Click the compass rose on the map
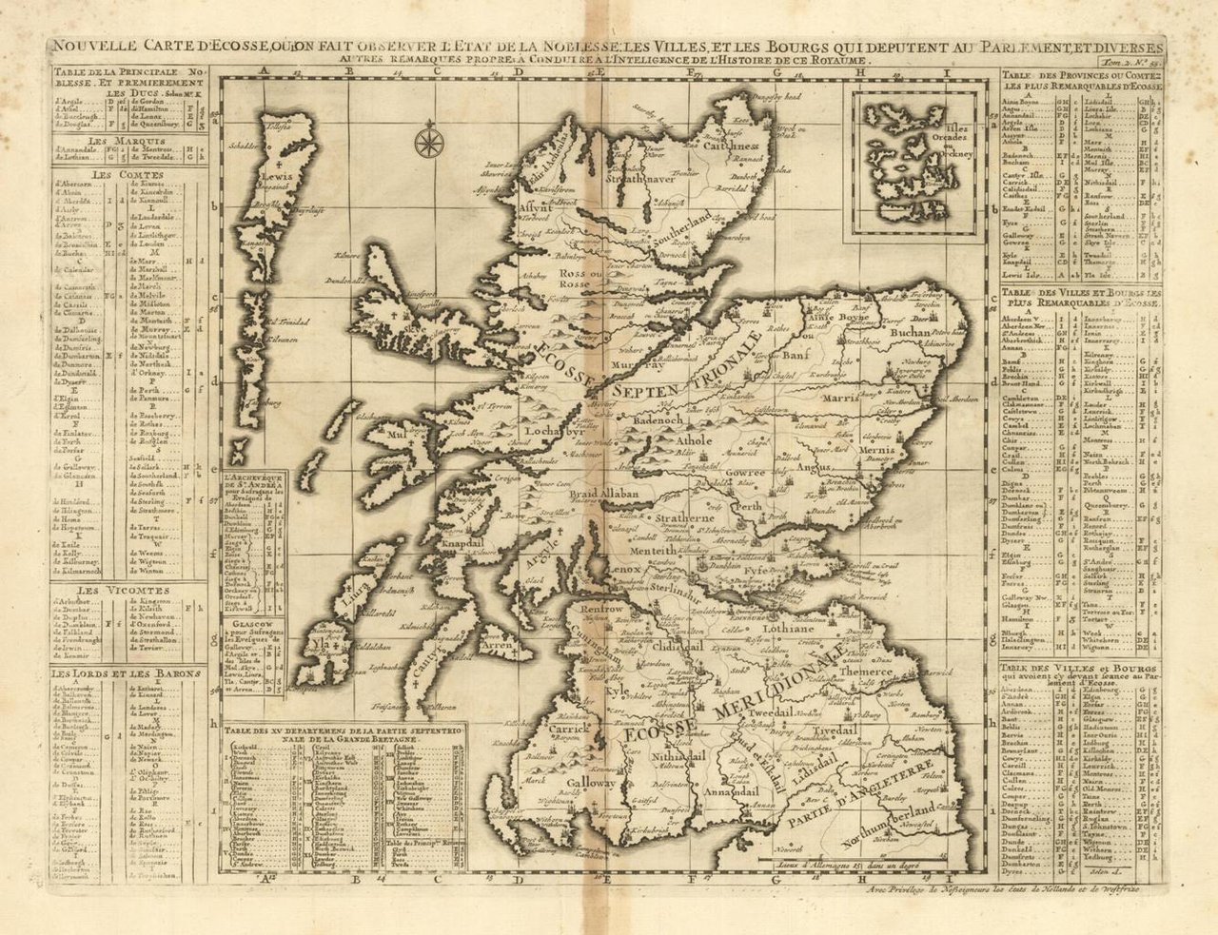tap(428, 143)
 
